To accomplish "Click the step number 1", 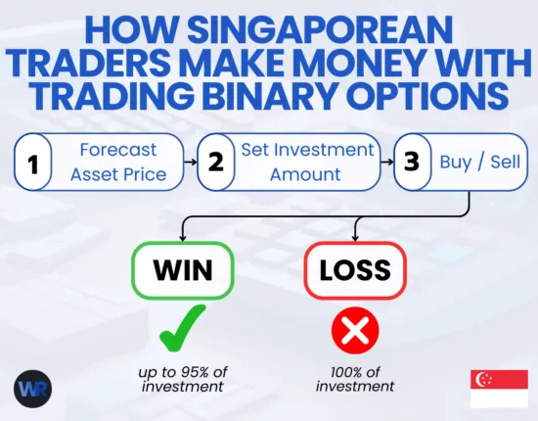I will point(32,163).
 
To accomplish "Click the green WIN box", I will point(182,268).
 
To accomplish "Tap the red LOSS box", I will point(354,268).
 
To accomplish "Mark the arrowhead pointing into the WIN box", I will point(182,236).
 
